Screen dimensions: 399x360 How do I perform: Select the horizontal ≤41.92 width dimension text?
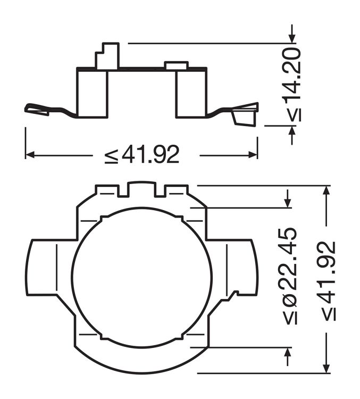point(142,155)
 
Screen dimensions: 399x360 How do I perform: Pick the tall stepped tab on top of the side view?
point(107,56)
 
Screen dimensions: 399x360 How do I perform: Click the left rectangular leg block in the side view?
point(93,93)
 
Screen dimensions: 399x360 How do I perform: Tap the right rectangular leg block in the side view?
point(191,93)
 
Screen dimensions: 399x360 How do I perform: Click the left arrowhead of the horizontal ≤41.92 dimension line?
point(30,155)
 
